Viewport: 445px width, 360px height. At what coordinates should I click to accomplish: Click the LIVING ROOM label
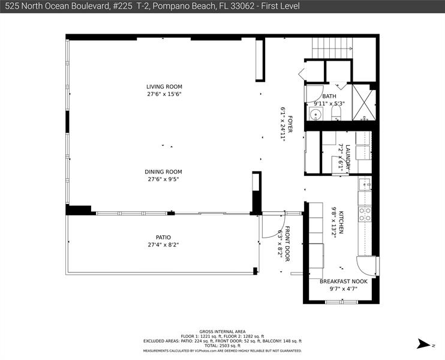pyautogui.click(x=164, y=86)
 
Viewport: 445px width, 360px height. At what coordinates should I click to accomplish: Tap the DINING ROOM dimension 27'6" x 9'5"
pyautogui.click(x=164, y=179)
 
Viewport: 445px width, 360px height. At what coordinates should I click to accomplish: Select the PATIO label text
pyautogui.click(x=163, y=237)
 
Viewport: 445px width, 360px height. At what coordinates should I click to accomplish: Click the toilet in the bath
pyautogui.click(x=336, y=112)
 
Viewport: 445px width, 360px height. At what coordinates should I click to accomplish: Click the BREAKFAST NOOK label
pyautogui.click(x=343, y=281)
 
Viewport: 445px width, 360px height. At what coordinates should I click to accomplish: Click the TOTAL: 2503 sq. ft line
pyautogui.click(x=222, y=346)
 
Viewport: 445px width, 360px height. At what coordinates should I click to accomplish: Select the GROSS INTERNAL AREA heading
pyautogui.click(x=222, y=331)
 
